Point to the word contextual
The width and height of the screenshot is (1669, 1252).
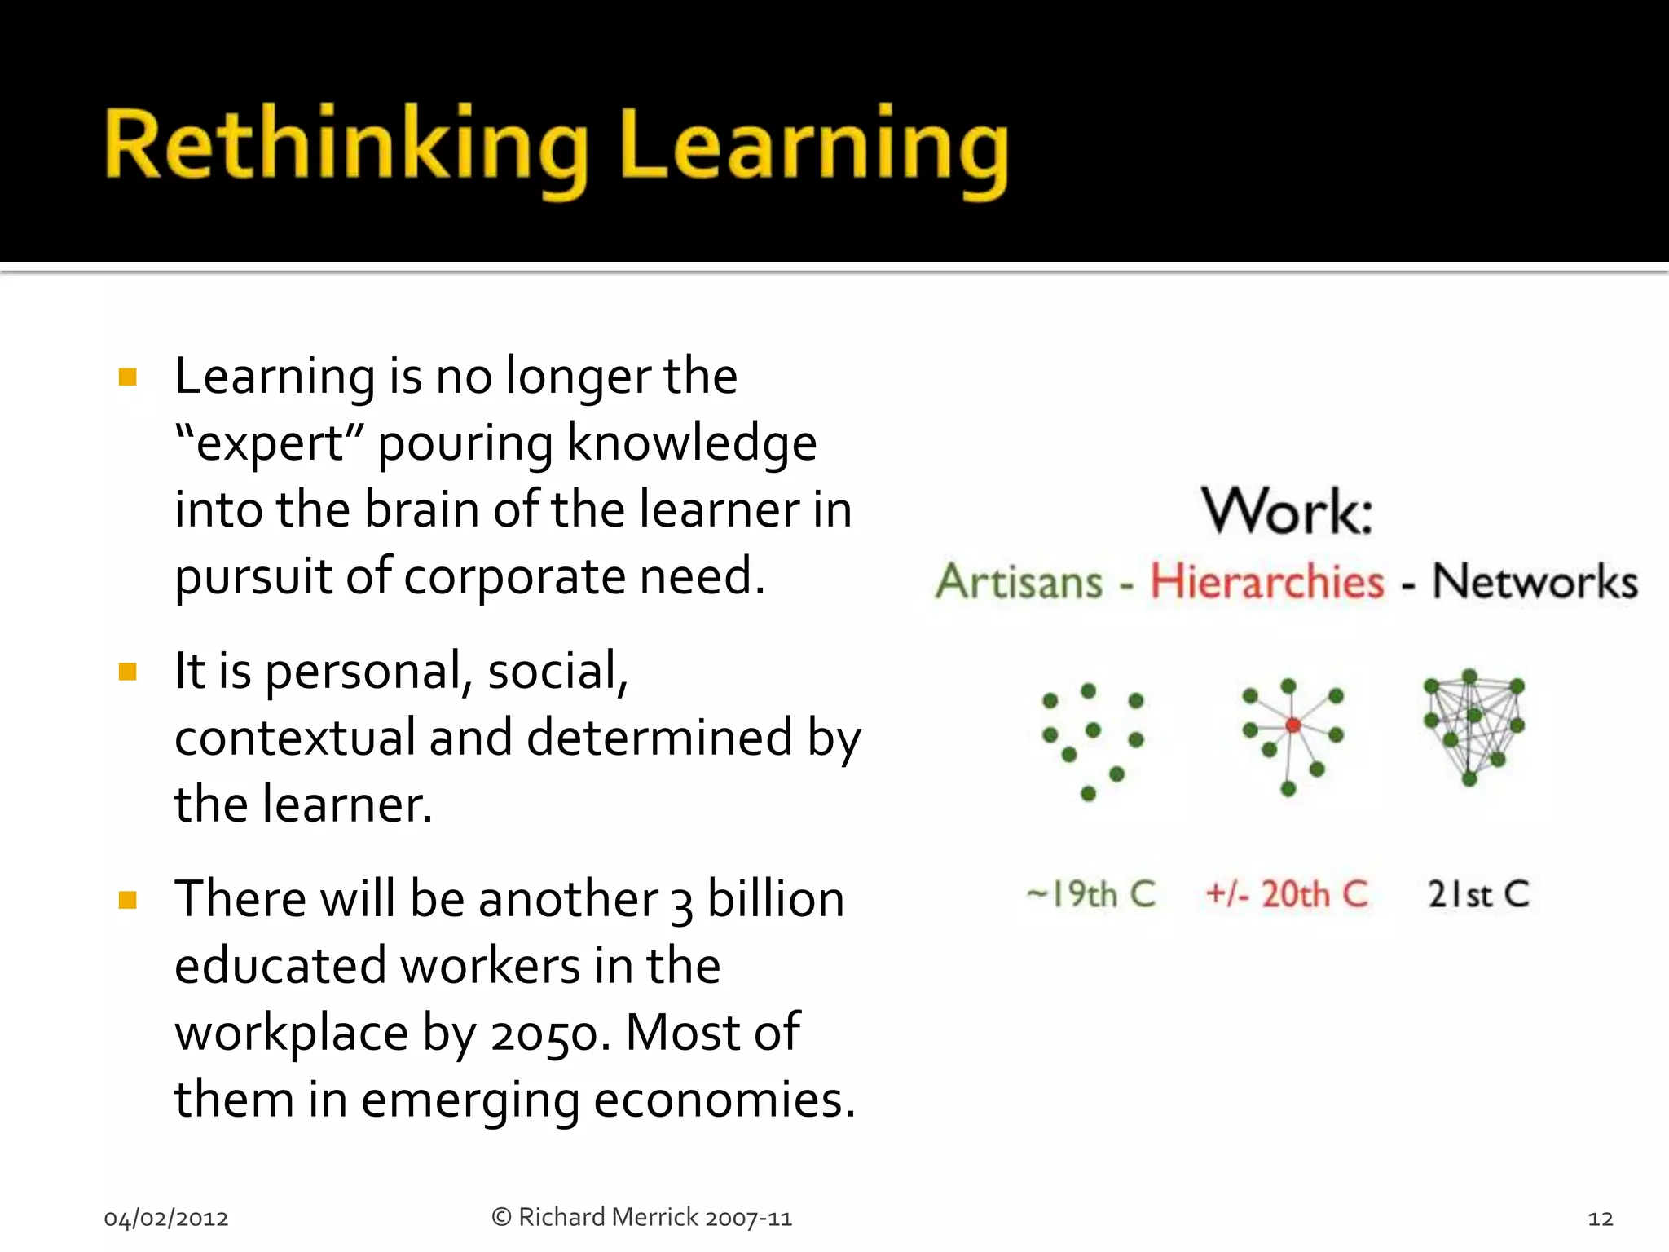click(294, 738)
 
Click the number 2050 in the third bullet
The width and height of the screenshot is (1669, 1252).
click(550, 1034)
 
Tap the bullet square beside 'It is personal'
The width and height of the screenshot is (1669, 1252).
click(128, 672)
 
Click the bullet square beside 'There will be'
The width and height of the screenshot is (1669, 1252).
click(128, 900)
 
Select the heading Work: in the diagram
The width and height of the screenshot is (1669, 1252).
click(1288, 512)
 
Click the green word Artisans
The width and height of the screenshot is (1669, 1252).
click(1019, 582)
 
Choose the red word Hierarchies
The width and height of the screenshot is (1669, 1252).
click(1267, 582)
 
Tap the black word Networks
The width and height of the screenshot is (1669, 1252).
click(1535, 582)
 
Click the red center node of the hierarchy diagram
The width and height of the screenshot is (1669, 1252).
click(1292, 725)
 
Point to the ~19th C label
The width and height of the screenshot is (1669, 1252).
click(1091, 894)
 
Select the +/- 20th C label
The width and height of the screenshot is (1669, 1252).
click(1287, 894)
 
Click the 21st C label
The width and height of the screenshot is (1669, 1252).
click(1478, 894)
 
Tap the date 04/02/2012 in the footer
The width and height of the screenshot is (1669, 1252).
click(166, 1219)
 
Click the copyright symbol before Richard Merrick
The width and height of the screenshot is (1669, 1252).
click(501, 1217)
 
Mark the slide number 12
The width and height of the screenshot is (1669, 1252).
click(1601, 1219)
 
